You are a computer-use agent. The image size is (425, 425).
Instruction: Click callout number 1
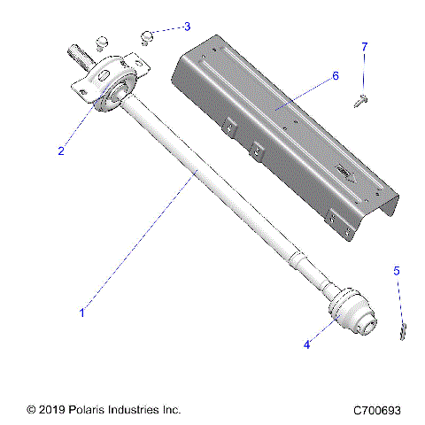(x=82, y=312)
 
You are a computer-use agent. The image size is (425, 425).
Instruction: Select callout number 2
(x=61, y=151)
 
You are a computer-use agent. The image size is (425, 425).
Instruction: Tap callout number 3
(x=187, y=27)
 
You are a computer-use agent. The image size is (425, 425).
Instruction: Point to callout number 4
(x=307, y=344)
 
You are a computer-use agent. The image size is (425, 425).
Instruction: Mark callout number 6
(x=336, y=76)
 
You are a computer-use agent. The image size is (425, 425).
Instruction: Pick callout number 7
(x=364, y=45)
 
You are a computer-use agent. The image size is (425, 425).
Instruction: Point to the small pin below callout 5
(x=403, y=331)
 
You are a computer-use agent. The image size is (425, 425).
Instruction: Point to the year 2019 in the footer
(x=51, y=410)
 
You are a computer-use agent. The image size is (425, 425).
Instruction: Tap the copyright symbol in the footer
(x=32, y=410)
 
